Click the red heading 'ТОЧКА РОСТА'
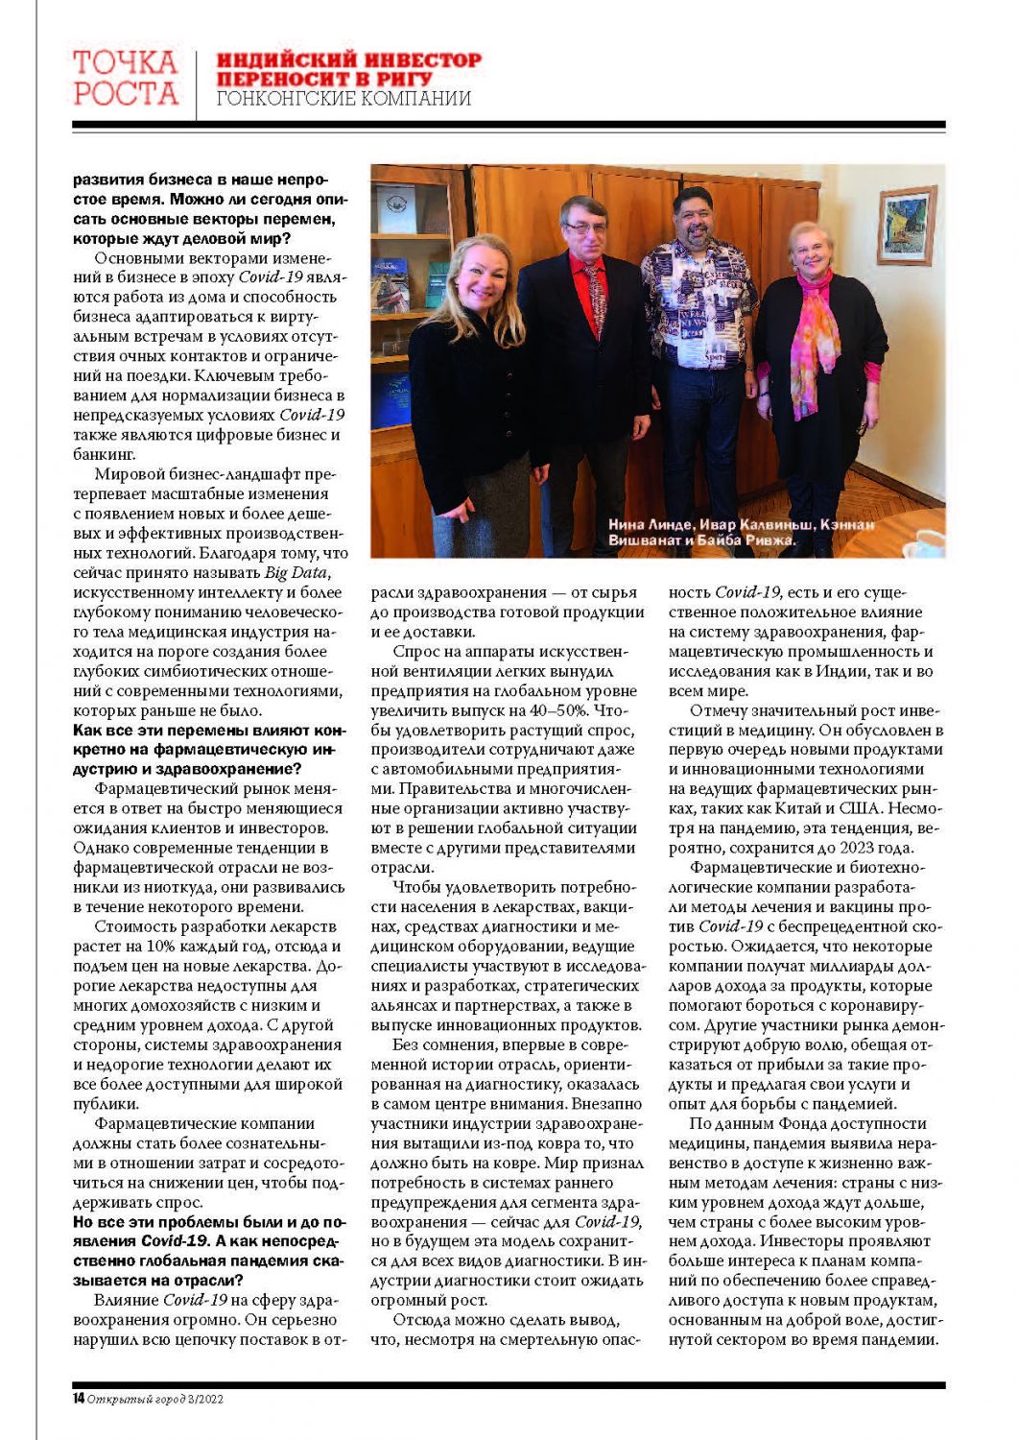point(126,78)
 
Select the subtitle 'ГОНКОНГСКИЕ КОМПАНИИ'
point(343,99)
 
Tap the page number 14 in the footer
point(79,1399)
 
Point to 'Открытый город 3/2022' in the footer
point(155,1399)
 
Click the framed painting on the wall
point(906,226)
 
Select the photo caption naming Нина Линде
point(741,532)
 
